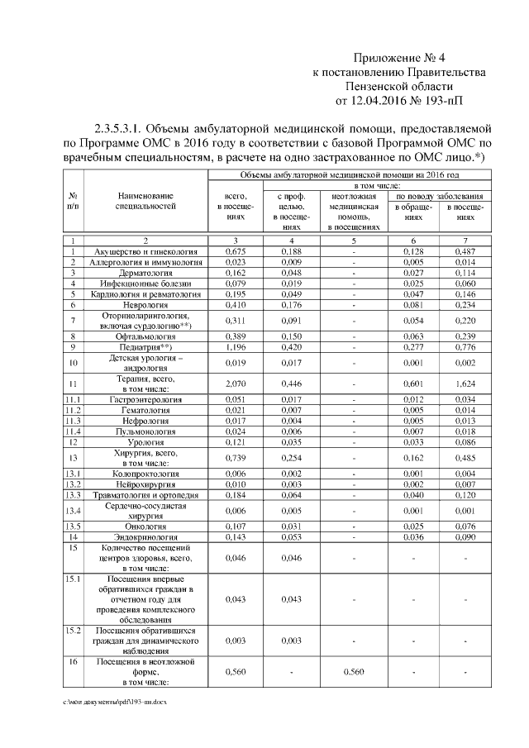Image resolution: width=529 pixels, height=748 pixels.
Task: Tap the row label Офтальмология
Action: click(146, 337)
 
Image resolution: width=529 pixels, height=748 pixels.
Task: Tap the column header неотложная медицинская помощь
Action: click(354, 211)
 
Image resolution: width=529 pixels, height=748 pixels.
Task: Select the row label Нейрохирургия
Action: click(146, 484)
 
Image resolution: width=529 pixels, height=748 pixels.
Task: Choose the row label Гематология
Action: click(146, 410)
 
